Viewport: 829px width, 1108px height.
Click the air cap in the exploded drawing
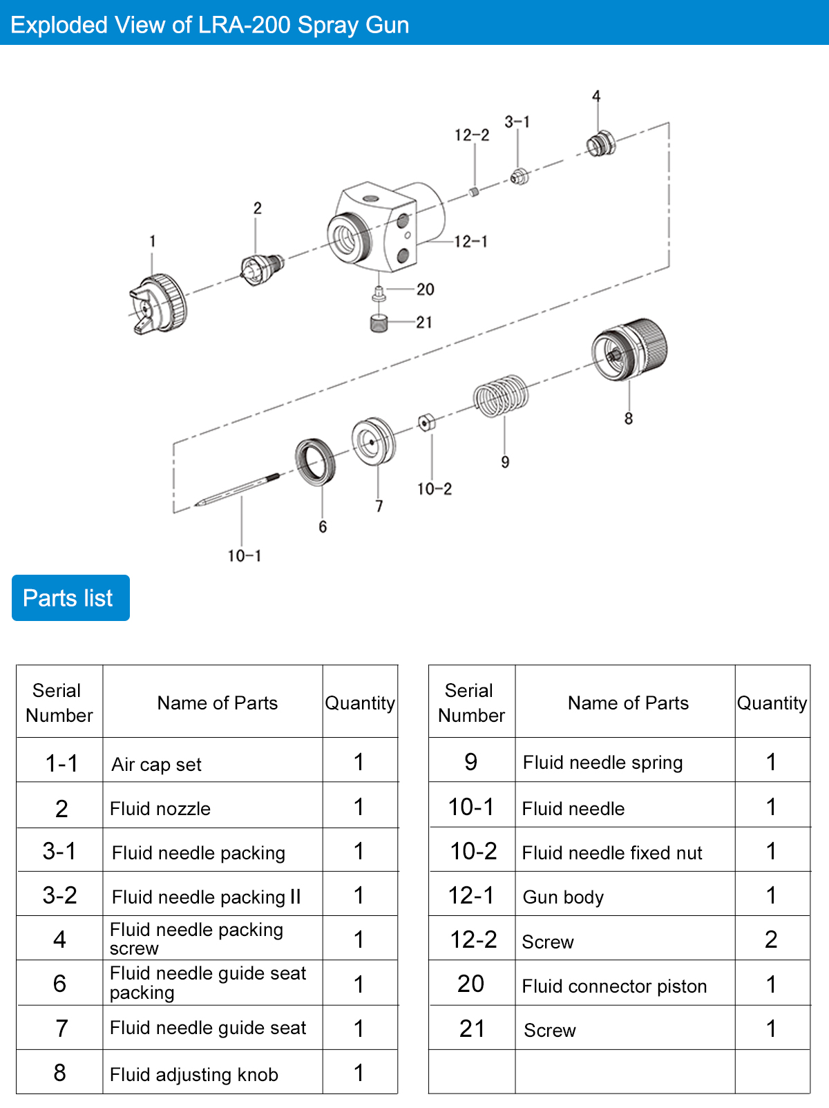(x=158, y=305)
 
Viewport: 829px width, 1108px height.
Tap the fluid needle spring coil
(x=501, y=396)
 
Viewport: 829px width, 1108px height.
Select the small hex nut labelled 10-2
(x=426, y=421)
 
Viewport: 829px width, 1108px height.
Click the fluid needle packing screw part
(x=600, y=144)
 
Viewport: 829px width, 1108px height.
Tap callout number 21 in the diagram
(x=424, y=323)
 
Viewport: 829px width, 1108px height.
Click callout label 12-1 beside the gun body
(x=470, y=242)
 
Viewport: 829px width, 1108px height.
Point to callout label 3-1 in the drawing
(x=517, y=122)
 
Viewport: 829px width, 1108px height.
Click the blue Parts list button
(x=70, y=598)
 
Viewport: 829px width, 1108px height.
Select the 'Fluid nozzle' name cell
(x=160, y=809)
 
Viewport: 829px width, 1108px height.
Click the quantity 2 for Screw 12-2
(x=771, y=939)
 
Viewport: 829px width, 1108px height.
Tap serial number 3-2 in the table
(x=59, y=896)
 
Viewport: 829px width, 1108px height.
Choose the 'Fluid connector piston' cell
(x=614, y=986)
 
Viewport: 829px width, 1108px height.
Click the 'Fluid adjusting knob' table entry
(x=194, y=1075)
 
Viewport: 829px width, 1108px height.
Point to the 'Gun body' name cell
(x=563, y=897)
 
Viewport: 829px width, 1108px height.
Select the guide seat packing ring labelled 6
(x=316, y=461)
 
